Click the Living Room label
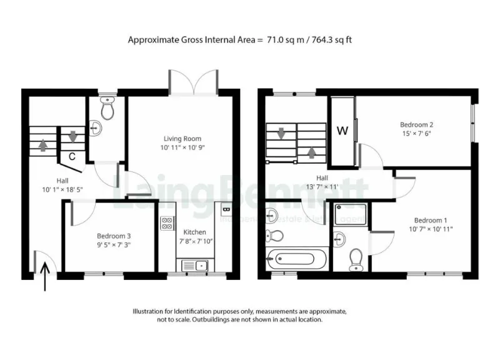click(x=182, y=139)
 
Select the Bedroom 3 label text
click(x=113, y=236)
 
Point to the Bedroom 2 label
click(x=417, y=125)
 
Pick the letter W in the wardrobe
click(x=342, y=131)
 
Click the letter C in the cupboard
click(x=72, y=156)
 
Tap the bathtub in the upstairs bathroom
click(x=296, y=257)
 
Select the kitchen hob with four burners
click(x=167, y=223)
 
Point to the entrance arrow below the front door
click(x=45, y=277)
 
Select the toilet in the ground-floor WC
click(x=107, y=109)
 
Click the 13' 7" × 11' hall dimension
click(x=321, y=187)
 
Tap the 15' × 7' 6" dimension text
click(x=417, y=134)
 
